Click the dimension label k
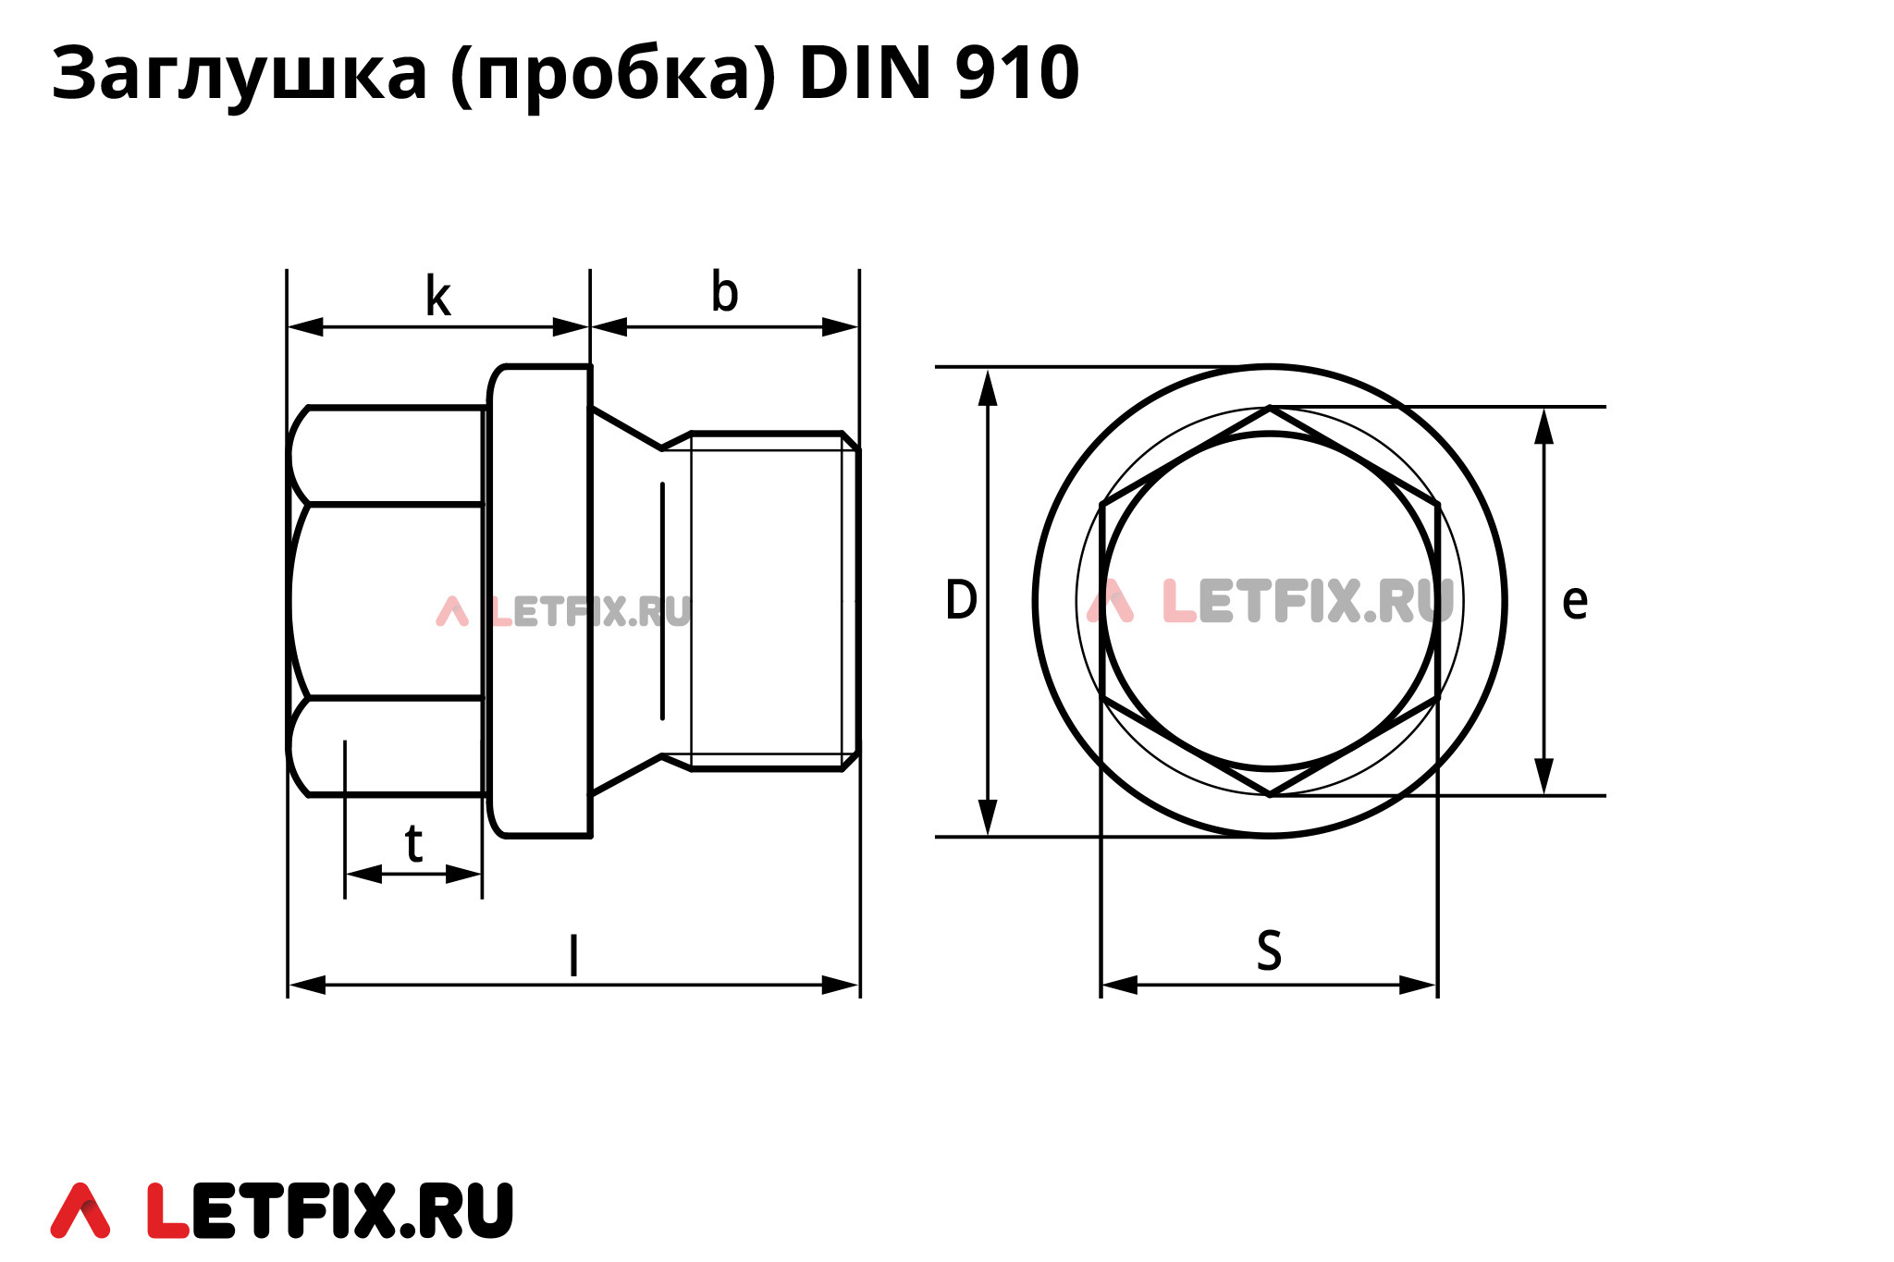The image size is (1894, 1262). coord(437,297)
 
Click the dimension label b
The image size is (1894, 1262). coord(724,293)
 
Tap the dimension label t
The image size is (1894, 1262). coord(413,844)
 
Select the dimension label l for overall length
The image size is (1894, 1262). coord(573,956)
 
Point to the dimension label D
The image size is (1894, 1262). coord(961,600)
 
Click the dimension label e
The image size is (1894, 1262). coord(1574,603)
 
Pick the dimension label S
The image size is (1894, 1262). coord(1269,950)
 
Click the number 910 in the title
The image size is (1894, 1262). coord(1016,73)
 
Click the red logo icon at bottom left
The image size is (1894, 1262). coord(80,1210)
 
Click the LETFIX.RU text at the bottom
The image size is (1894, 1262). coord(330,1210)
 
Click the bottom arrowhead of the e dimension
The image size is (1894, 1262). coord(1543,777)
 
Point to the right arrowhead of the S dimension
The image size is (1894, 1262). coord(1419,985)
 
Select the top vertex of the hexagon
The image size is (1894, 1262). coord(1270,408)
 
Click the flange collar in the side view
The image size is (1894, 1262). coord(540,601)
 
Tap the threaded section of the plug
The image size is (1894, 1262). coord(768,601)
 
